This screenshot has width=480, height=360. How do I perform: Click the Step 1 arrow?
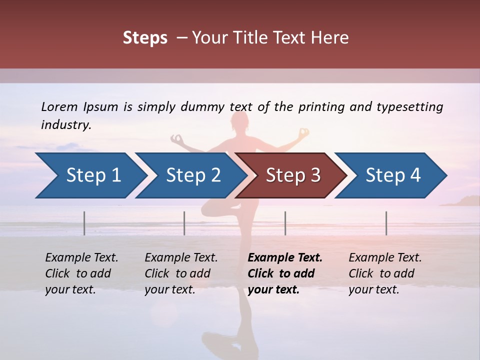(x=90, y=175)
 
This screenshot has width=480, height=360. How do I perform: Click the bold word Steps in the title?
(x=145, y=38)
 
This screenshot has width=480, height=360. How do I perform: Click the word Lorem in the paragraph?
(x=59, y=106)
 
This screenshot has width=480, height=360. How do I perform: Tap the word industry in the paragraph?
(x=65, y=125)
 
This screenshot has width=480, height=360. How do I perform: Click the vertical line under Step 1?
(x=84, y=223)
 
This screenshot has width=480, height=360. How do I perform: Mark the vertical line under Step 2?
(x=184, y=223)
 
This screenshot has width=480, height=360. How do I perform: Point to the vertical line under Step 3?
(x=285, y=223)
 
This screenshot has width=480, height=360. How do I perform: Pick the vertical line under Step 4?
(x=386, y=223)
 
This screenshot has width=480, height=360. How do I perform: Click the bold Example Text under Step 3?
(x=285, y=258)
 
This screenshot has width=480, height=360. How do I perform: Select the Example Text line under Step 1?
(x=81, y=258)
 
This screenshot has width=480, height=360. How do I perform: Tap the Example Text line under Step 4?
(x=385, y=258)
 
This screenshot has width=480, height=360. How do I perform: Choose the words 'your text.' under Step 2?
(x=169, y=289)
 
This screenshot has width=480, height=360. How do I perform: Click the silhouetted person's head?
(x=240, y=121)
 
